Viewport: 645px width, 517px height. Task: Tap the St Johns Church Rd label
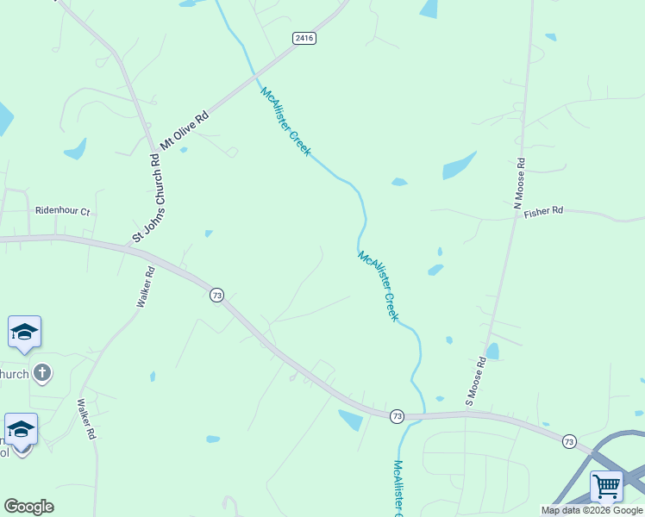pos(147,198)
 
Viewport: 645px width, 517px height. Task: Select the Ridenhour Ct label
pos(62,210)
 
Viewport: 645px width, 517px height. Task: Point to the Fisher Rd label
pos(543,211)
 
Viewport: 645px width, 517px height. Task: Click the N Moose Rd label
pos(519,184)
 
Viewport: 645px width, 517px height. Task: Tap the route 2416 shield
pos(304,38)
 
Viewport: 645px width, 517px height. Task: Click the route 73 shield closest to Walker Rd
pos(216,295)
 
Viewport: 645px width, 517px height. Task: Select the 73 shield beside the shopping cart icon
pos(569,441)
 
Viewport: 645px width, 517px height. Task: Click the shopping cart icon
pos(606,485)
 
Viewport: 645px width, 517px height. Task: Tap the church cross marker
pos(41,373)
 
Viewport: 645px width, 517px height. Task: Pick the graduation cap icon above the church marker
pos(24,332)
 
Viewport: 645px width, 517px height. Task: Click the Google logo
pos(28,507)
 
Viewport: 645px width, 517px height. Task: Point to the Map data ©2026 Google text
pos(592,510)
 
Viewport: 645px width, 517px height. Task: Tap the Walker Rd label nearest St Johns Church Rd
pos(145,287)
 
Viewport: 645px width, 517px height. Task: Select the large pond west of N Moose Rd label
pos(459,165)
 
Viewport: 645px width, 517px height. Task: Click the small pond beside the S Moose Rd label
pos(492,351)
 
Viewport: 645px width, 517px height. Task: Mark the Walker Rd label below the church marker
pos(85,420)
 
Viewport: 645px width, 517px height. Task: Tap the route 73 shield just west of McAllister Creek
pos(396,415)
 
